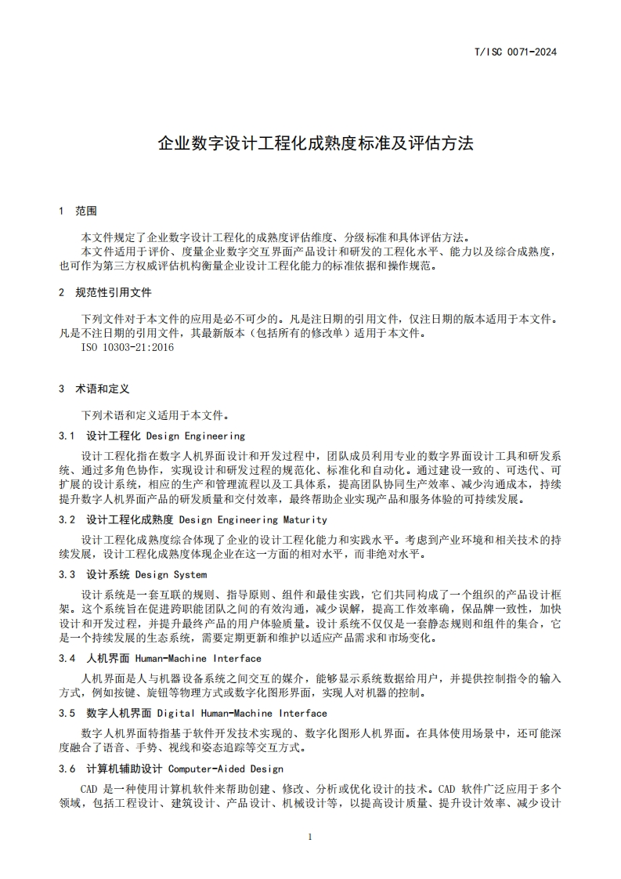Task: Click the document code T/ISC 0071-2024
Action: (517, 53)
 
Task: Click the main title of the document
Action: (316, 144)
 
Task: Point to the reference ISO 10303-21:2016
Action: (128, 347)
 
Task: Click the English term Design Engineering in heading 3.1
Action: (196, 436)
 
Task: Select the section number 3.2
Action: (67, 519)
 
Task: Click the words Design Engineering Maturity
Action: (242, 519)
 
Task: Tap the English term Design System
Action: (176, 575)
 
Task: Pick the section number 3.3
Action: (67, 575)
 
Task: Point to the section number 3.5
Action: (67, 714)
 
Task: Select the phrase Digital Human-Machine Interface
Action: (242, 714)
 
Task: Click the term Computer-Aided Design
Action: (226, 769)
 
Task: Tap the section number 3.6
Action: (67, 769)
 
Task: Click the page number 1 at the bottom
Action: (310, 837)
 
